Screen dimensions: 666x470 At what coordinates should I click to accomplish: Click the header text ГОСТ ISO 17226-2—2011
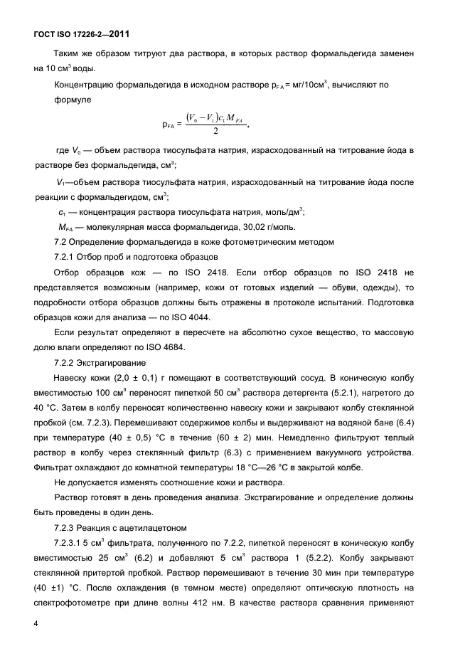coord(80,33)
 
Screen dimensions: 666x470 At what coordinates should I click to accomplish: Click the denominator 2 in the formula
coord(215,131)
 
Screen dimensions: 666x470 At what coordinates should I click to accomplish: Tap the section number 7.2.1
coord(65,257)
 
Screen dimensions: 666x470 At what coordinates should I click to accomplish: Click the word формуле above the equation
coord(73,100)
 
